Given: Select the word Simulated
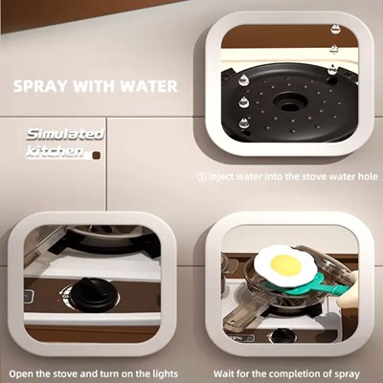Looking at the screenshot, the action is point(65,134).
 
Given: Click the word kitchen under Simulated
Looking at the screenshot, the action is point(55,151).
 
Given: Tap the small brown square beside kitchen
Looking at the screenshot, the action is point(96,155).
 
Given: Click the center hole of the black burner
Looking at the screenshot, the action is point(290,102).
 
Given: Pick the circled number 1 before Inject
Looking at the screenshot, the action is point(202,176).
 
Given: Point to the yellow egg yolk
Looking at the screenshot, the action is point(285,266).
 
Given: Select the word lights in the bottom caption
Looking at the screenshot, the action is point(164,373).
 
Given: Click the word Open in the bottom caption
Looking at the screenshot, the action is point(21,374).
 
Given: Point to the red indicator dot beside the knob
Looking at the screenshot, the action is point(58,300).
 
